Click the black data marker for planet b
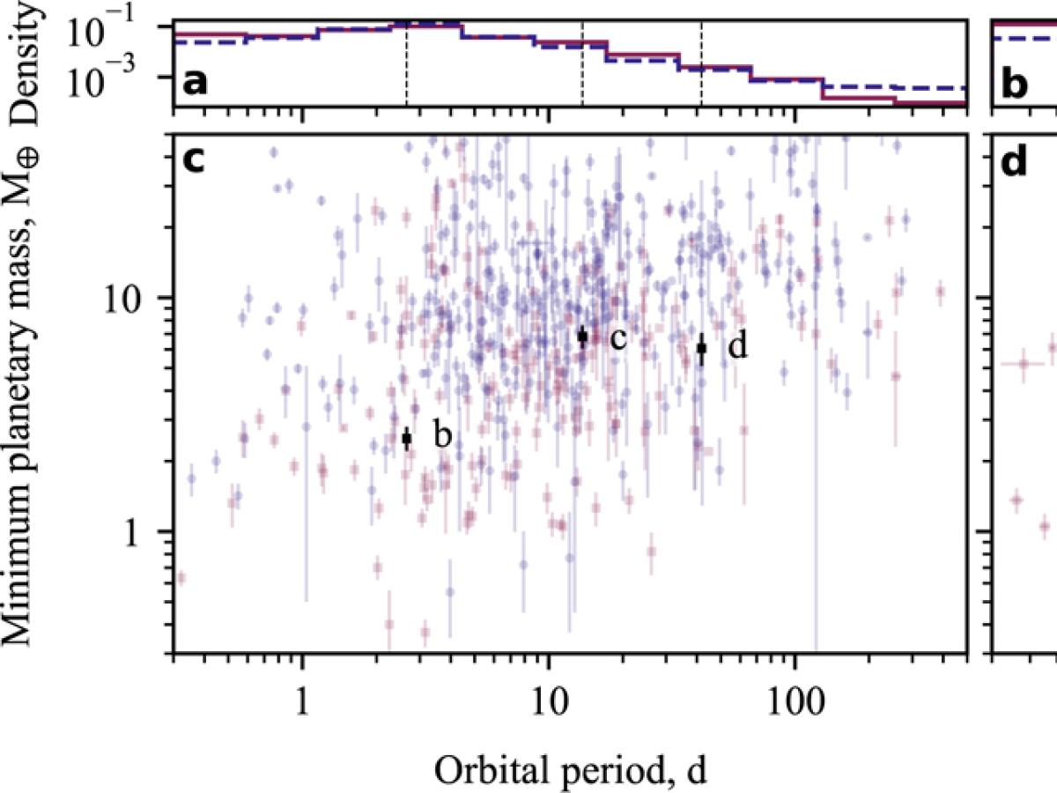[407, 438]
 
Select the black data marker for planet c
[582, 337]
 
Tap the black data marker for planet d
[701, 349]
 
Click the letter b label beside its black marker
[442, 435]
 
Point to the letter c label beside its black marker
[617, 337]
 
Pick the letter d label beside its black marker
[738, 346]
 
